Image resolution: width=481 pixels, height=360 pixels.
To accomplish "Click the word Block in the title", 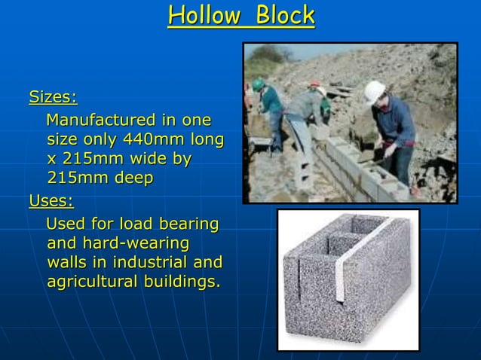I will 285,15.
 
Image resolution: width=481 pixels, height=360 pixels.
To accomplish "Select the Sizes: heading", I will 53,97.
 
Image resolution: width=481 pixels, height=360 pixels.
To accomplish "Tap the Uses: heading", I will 51,201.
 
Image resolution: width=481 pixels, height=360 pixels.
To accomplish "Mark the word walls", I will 66,263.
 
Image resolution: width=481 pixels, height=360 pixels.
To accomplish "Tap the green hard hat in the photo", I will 259,84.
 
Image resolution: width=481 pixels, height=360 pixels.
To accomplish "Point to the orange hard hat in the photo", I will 315,84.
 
